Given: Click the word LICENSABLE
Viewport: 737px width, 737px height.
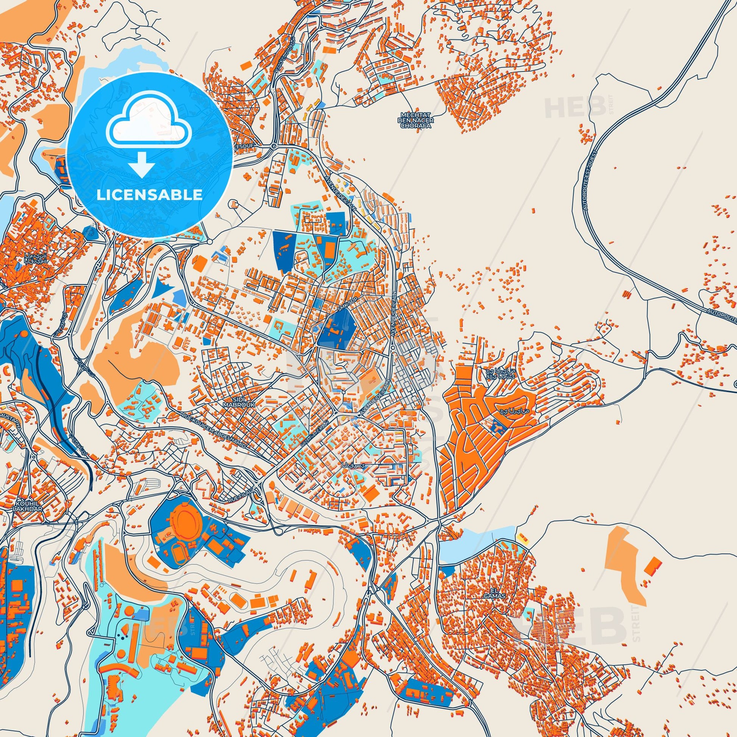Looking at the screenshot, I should pos(150,195).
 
